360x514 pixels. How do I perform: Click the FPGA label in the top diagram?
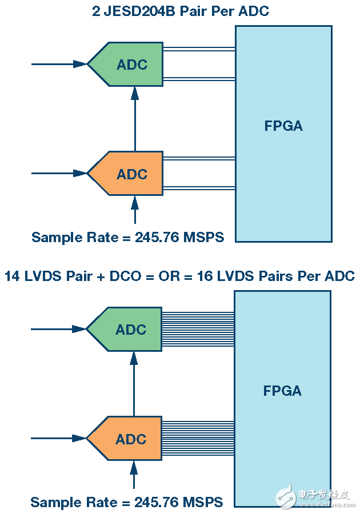(283, 126)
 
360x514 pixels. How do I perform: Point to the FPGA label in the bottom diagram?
(282, 391)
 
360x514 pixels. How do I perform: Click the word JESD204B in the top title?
(131, 11)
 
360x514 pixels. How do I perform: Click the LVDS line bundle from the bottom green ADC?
(198, 330)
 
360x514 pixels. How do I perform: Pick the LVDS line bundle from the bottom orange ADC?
(198, 439)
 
